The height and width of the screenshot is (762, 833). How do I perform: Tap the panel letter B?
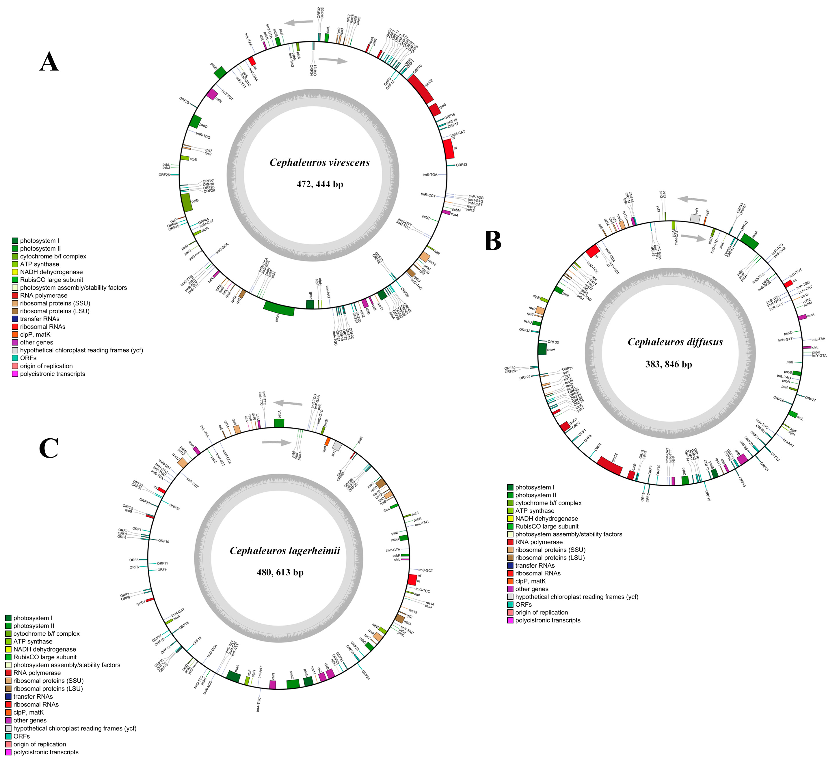click(493, 241)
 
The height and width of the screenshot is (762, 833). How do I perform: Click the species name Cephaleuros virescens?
click(319, 162)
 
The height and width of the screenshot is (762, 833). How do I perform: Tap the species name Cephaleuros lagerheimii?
click(285, 551)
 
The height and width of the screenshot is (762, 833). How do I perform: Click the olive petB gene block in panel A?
click(187, 203)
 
